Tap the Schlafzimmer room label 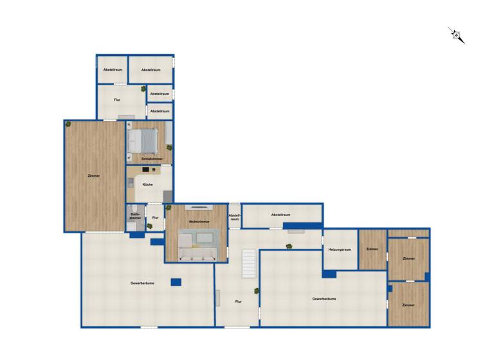[152, 158]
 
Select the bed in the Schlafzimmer [145, 139]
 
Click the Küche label [148, 184]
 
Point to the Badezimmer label [135, 217]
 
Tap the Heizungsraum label [339, 249]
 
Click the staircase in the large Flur [248, 264]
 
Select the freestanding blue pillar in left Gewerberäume [175, 282]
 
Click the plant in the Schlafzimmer [169, 147]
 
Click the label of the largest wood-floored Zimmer [94, 175]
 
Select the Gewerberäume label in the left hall [142, 283]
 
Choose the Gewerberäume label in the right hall [324, 299]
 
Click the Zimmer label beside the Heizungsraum [372, 249]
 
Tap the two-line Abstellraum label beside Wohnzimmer [235, 217]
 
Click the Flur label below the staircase [238, 301]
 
